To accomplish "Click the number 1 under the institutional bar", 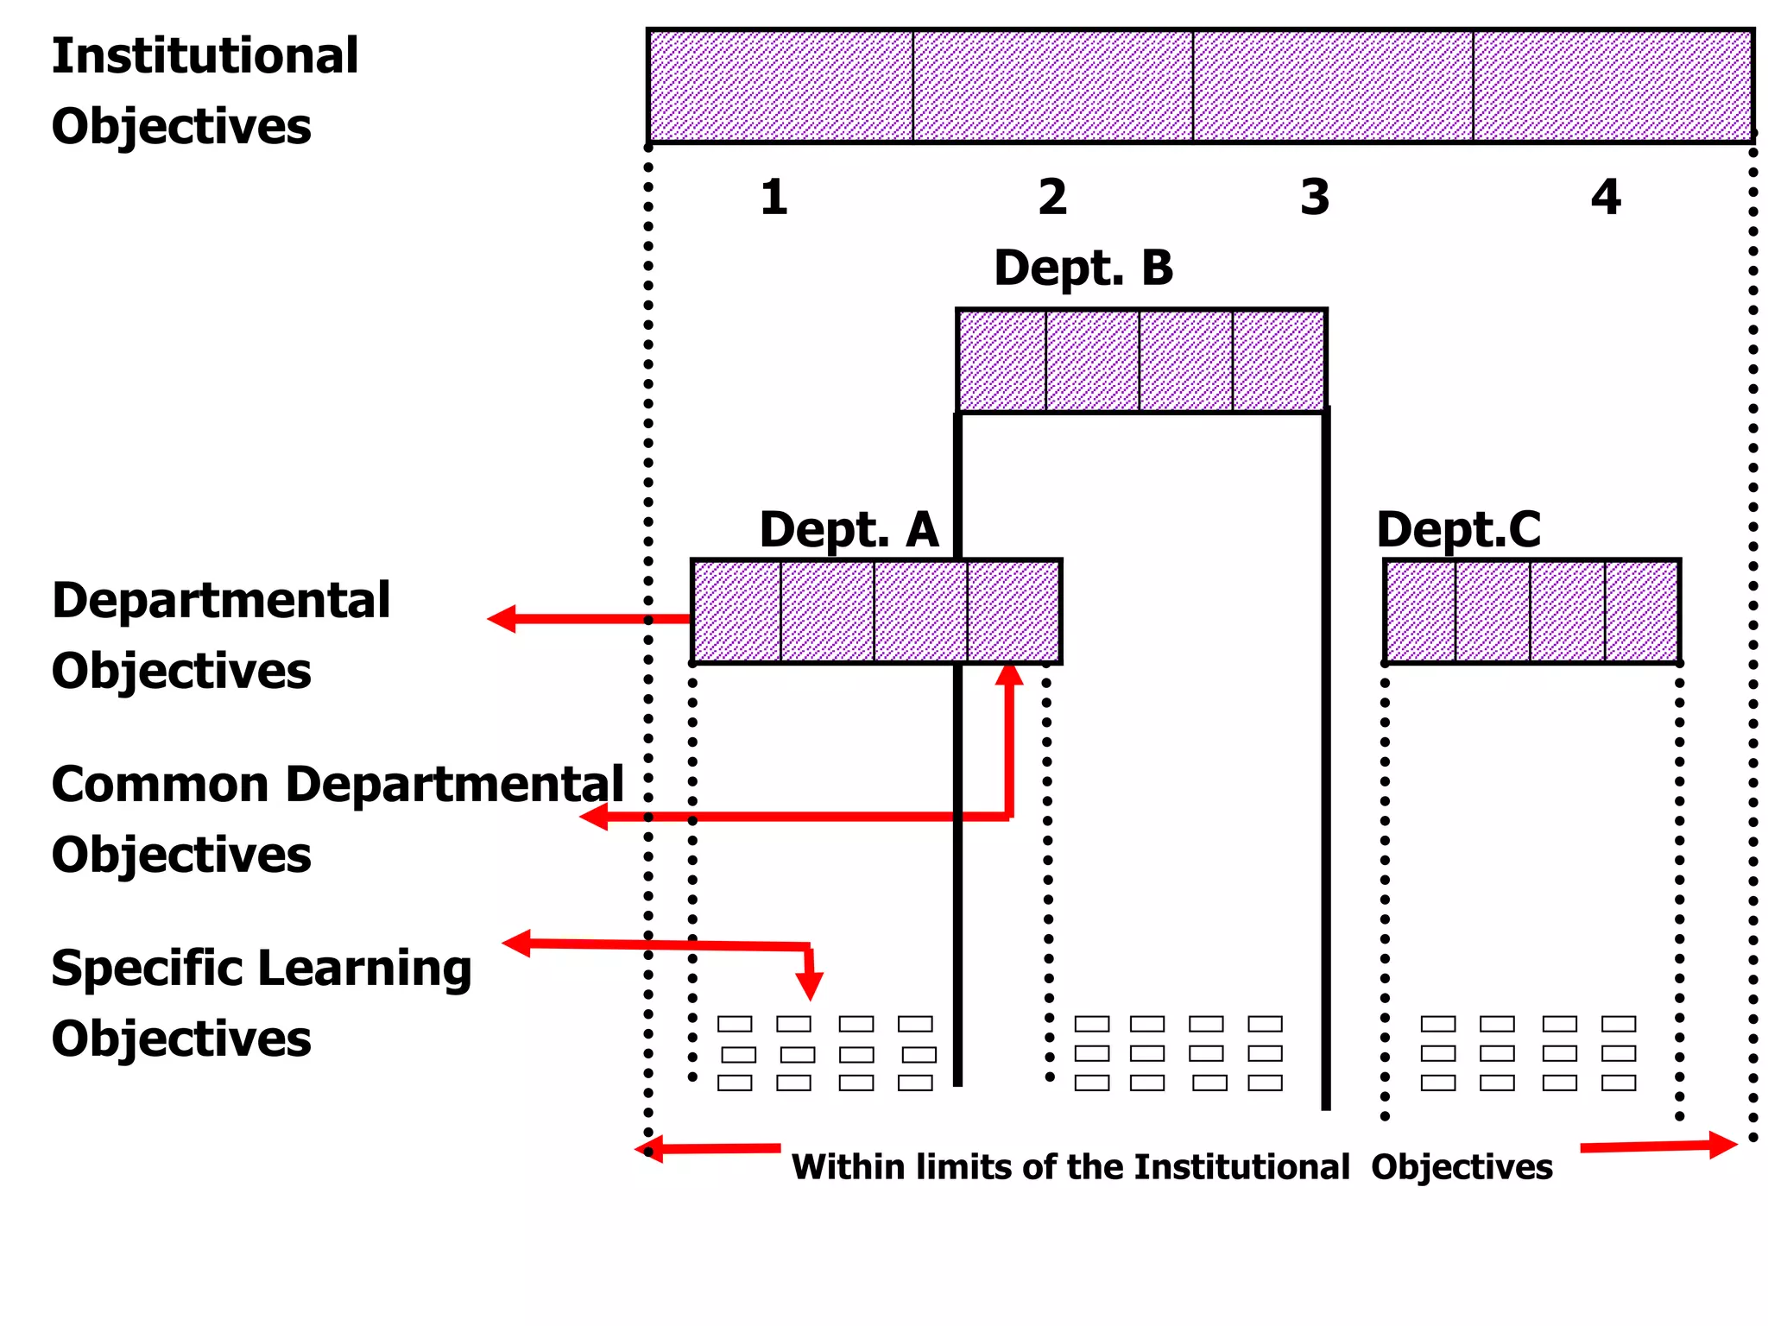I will click(x=774, y=198).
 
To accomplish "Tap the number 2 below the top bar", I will click(x=1052, y=198).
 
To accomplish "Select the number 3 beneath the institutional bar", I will click(x=1315, y=198).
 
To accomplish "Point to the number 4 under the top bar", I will click(x=1606, y=198).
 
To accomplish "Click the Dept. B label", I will click(x=1083, y=268).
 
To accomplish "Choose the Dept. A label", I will click(x=849, y=529).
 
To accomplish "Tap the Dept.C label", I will click(x=1458, y=529).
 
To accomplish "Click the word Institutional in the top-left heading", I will click(x=205, y=56).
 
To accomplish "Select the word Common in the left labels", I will click(x=160, y=785).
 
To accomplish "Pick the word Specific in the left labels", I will click(x=147, y=969).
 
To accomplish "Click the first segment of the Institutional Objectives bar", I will click(x=780, y=85).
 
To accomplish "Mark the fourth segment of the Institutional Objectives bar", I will click(x=1613, y=85).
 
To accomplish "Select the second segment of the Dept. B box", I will click(x=1092, y=360).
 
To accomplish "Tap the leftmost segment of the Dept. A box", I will click(x=736, y=611).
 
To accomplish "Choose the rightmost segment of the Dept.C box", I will click(x=1642, y=611).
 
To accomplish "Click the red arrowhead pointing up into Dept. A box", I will click(x=1009, y=674).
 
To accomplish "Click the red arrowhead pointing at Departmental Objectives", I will click(x=502, y=619).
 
